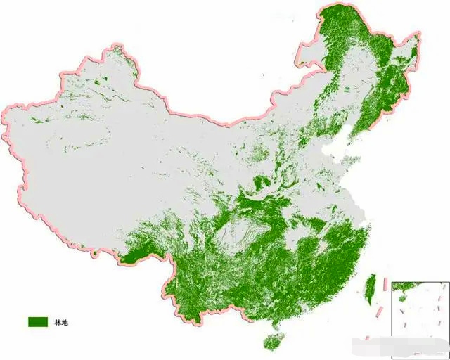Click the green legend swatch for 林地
tap(37, 321)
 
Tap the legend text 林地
tap(60, 322)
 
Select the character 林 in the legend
tap(56, 322)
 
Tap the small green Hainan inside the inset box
tap(401, 297)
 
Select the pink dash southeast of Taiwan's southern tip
tap(380, 310)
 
